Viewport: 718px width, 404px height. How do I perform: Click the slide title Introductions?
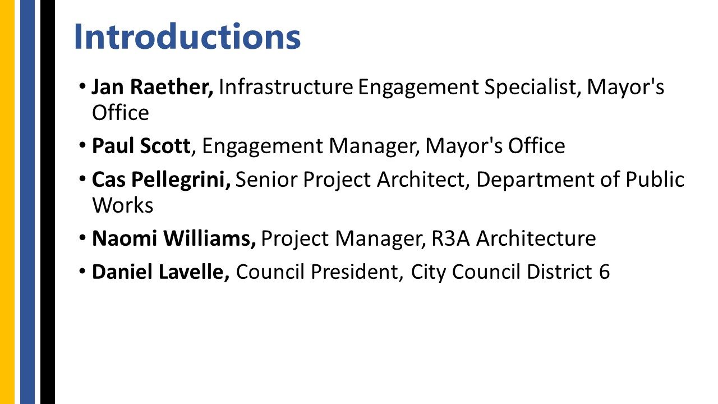coord(187,36)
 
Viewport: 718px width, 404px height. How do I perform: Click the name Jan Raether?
coord(152,87)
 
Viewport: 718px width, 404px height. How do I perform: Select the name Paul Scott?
coord(141,145)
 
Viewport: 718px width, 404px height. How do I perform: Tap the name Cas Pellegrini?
coord(160,179)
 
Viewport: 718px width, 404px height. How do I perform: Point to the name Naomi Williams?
coord(173,238)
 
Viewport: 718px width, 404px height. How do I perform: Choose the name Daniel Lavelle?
coord(160,272)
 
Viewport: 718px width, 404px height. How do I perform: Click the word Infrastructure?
coord(286,87)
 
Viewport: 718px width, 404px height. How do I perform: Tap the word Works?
coord(122,205)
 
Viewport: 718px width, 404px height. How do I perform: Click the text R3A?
coord(450,238)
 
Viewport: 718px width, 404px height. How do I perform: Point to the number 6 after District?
coord(604,272)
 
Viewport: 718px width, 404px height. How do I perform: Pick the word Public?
coord(654,179)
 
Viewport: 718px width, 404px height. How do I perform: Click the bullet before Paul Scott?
coord(82,145)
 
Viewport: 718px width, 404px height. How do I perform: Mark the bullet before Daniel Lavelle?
coord(82,271)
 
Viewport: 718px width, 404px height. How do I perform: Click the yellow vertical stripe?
coord(7,202)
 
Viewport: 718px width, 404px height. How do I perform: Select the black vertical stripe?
coord(48,202)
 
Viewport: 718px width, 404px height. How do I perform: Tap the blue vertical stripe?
coord(27,202)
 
